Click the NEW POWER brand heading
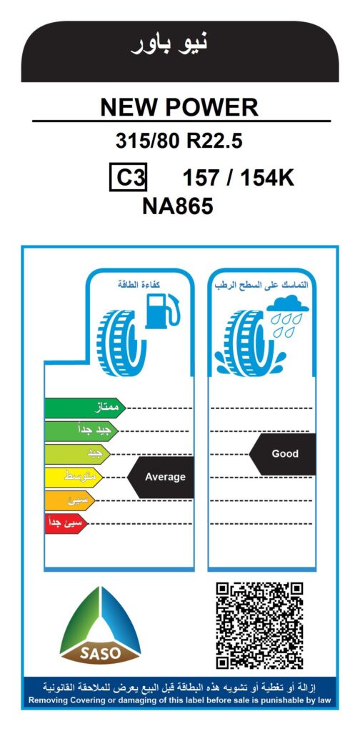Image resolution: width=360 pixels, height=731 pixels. click(179, 108)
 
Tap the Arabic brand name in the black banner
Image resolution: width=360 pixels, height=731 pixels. click(169, 43)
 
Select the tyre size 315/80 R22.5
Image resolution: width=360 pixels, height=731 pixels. click(179, 141)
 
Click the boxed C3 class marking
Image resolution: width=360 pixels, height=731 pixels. click(129, 177)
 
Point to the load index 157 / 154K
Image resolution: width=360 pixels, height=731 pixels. click(239, 178)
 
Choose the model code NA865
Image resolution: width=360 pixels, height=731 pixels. click(178, 206)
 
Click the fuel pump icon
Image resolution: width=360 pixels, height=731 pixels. click(162, 311)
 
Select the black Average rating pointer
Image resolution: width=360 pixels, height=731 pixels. click(161, 477)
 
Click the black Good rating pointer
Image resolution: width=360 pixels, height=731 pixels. click(282, 454)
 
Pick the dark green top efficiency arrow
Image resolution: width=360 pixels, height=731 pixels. click(85, 408)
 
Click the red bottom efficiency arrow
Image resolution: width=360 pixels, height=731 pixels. click(66, 523)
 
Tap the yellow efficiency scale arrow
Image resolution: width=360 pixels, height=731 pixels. click(74, 477)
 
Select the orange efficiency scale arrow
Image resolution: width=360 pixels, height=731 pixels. click(70, 500)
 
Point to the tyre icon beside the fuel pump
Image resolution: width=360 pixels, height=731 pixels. click(121, 342)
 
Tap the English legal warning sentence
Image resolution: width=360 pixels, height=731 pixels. click(179, 700)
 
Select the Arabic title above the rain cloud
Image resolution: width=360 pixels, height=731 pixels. click(261, 284)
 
